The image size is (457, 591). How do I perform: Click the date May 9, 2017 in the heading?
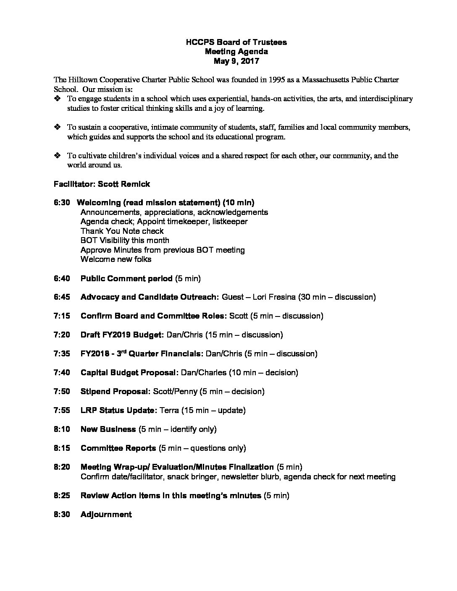[236, 61]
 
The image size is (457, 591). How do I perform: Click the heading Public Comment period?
[126, 278]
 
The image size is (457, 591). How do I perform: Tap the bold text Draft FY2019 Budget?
[122, 335]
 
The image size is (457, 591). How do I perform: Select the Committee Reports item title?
[118, 448]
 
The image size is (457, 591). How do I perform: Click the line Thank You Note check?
[122, 231]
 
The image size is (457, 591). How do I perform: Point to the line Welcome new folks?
[116, 259]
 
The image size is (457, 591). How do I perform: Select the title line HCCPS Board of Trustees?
[236, 42]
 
